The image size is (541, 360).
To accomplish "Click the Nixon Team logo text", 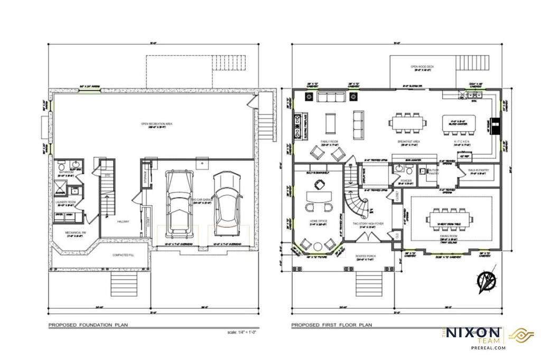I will click(473, 334).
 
